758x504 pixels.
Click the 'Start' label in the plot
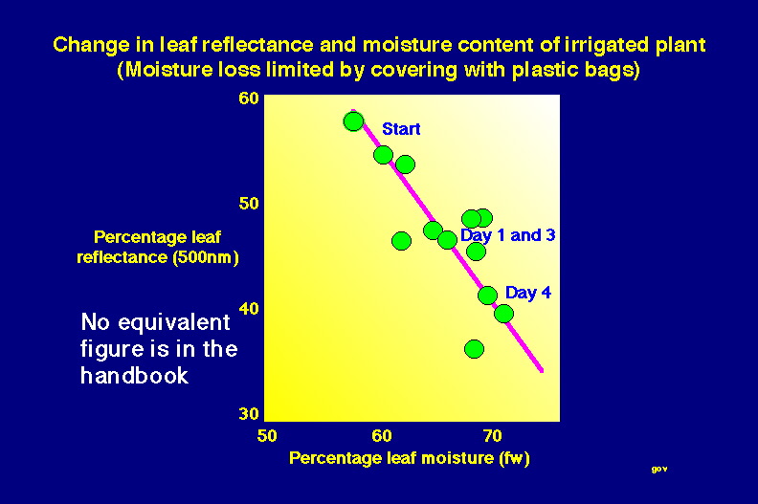pyautogui.click(x=401, y=129)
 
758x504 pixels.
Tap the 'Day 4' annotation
pyautogui.click(x=528, y=293)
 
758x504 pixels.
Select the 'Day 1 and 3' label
pyautogui.click(x=507, y=235)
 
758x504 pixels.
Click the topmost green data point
pyautogui.click(x=353, y=121)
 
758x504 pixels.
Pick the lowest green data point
pyautogui.click(x=474, y=349)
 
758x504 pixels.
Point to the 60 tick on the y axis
pyautogui.click(x=249, y=99)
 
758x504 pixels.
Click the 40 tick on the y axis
pyautogui.click(x=249, y=308)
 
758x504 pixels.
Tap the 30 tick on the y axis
pyautogui.click(x=249, y=414)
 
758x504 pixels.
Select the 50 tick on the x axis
pyautogui.click(x=267, y=436)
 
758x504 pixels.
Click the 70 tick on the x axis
pyautogui.click(x=492, y=436)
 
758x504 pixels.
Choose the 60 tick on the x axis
pyautogui.click(x=382, y=436)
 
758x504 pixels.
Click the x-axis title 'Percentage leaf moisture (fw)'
pyautogui.click(x=409, y=458)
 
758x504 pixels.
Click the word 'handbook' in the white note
pyautogui.click(x=134, y=376)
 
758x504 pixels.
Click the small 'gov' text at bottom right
pyautogui.click(x=659, y=469)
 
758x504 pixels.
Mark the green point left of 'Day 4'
pyautogui.click(x=487, y=296)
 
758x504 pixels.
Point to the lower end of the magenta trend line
pyautogui.click(x=542, y=371)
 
